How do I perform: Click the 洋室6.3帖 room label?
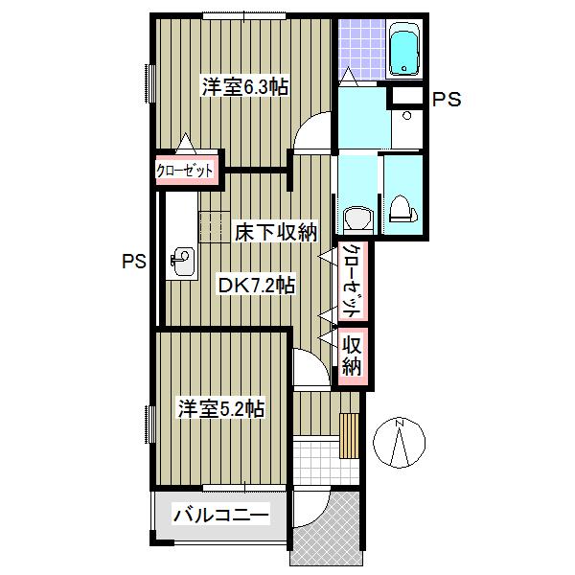245,87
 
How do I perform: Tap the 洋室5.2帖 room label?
221,408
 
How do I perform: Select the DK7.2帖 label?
256,285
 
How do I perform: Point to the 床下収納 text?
276,232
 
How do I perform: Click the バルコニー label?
221,516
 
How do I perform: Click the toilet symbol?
403,209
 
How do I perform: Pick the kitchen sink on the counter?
183,261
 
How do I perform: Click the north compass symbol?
399,443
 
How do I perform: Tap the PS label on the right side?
447,100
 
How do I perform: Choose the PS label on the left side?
134,262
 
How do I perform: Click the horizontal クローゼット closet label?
184,171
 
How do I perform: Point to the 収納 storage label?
352,356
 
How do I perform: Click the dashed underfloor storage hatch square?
215,227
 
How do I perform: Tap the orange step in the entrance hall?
350,436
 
